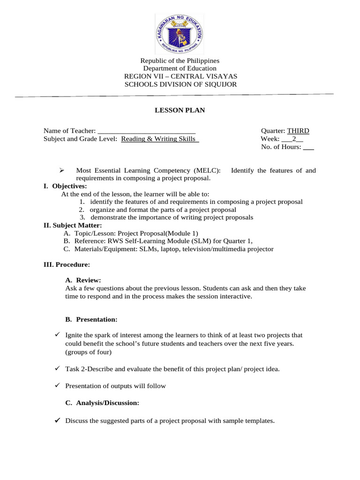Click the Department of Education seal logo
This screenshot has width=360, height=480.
[180, 33]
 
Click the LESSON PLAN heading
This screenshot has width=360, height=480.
[180, 111]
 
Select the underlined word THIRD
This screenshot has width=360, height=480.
[298, 131]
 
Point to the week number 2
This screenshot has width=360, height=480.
[294, 139]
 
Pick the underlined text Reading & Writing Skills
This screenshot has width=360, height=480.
[160, 139]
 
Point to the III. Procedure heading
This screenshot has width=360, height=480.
[67, 265]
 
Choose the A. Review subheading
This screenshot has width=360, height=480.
[83, 280]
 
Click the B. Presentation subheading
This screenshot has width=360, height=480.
[91, 320]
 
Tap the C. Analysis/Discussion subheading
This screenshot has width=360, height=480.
[102, 403]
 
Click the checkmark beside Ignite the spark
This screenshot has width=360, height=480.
[57, 335]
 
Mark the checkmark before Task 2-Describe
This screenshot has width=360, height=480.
[57, 369]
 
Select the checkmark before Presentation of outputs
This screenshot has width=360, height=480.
[57, 386]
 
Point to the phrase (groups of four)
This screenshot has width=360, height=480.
[89, 352]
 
